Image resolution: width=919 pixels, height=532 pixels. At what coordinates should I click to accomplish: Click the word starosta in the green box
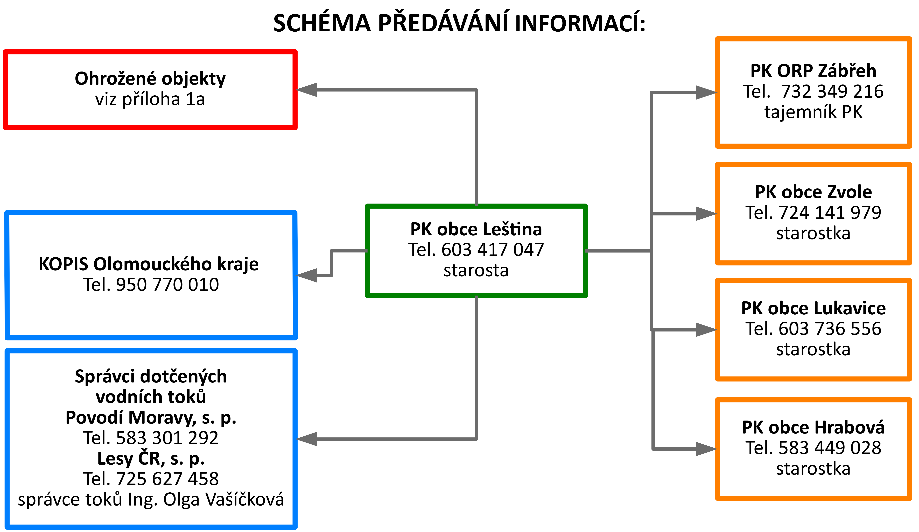pos(476,271)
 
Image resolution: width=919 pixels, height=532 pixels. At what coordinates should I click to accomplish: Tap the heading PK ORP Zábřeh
pos(813,71)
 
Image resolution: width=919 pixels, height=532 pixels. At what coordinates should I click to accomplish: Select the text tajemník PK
pos(813,112)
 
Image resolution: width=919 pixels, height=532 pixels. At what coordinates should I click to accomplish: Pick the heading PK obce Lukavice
pos(813,308)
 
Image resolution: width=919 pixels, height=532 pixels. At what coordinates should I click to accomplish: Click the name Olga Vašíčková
pos(223,500)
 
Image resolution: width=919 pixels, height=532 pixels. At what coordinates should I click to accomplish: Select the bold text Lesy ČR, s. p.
pos(151,459)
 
